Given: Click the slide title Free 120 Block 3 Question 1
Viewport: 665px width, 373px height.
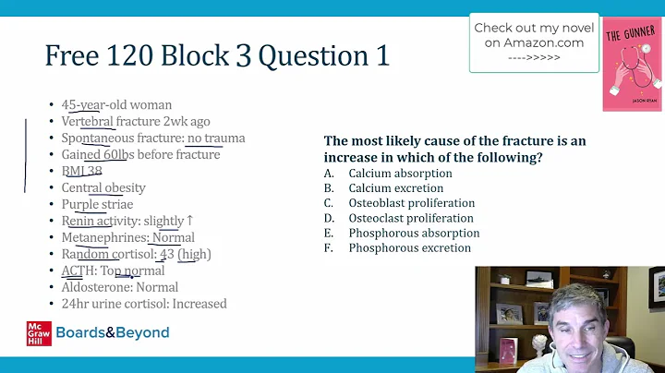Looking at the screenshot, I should click(216, 56).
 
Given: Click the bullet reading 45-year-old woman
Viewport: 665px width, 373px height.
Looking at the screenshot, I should click(116, 105).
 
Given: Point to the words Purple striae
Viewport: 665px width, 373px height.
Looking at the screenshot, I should click(97, 204).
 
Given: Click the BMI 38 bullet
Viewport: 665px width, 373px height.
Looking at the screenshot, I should click(81, 172).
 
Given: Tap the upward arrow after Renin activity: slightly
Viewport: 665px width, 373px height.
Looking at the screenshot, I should click(190, 221).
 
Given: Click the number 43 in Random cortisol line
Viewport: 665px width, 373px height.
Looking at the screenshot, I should click(167, 254).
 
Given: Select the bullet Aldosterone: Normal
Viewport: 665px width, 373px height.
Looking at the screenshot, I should click(119, 287).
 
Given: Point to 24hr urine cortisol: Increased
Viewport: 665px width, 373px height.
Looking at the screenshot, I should click(143, 304).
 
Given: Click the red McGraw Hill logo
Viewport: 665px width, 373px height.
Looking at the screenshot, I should click(39, 333).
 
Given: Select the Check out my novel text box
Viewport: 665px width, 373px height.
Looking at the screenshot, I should click(529, 42).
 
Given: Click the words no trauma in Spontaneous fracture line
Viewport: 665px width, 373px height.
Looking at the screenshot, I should click(215, 138).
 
